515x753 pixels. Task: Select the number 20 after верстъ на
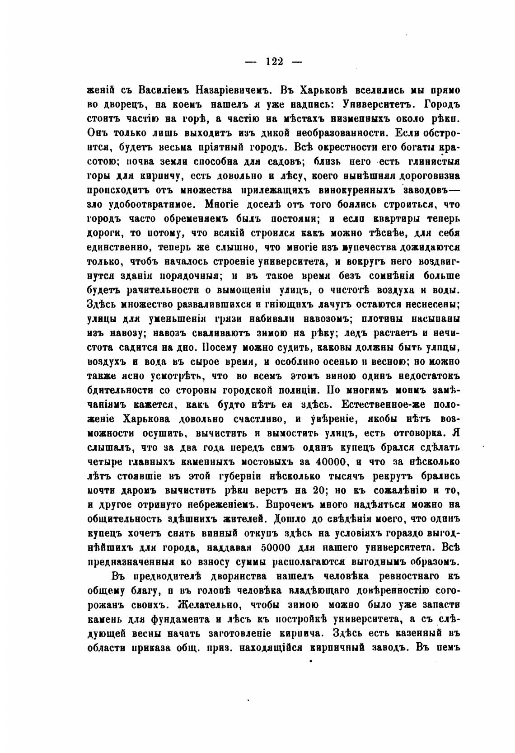(x=318, y=491)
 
